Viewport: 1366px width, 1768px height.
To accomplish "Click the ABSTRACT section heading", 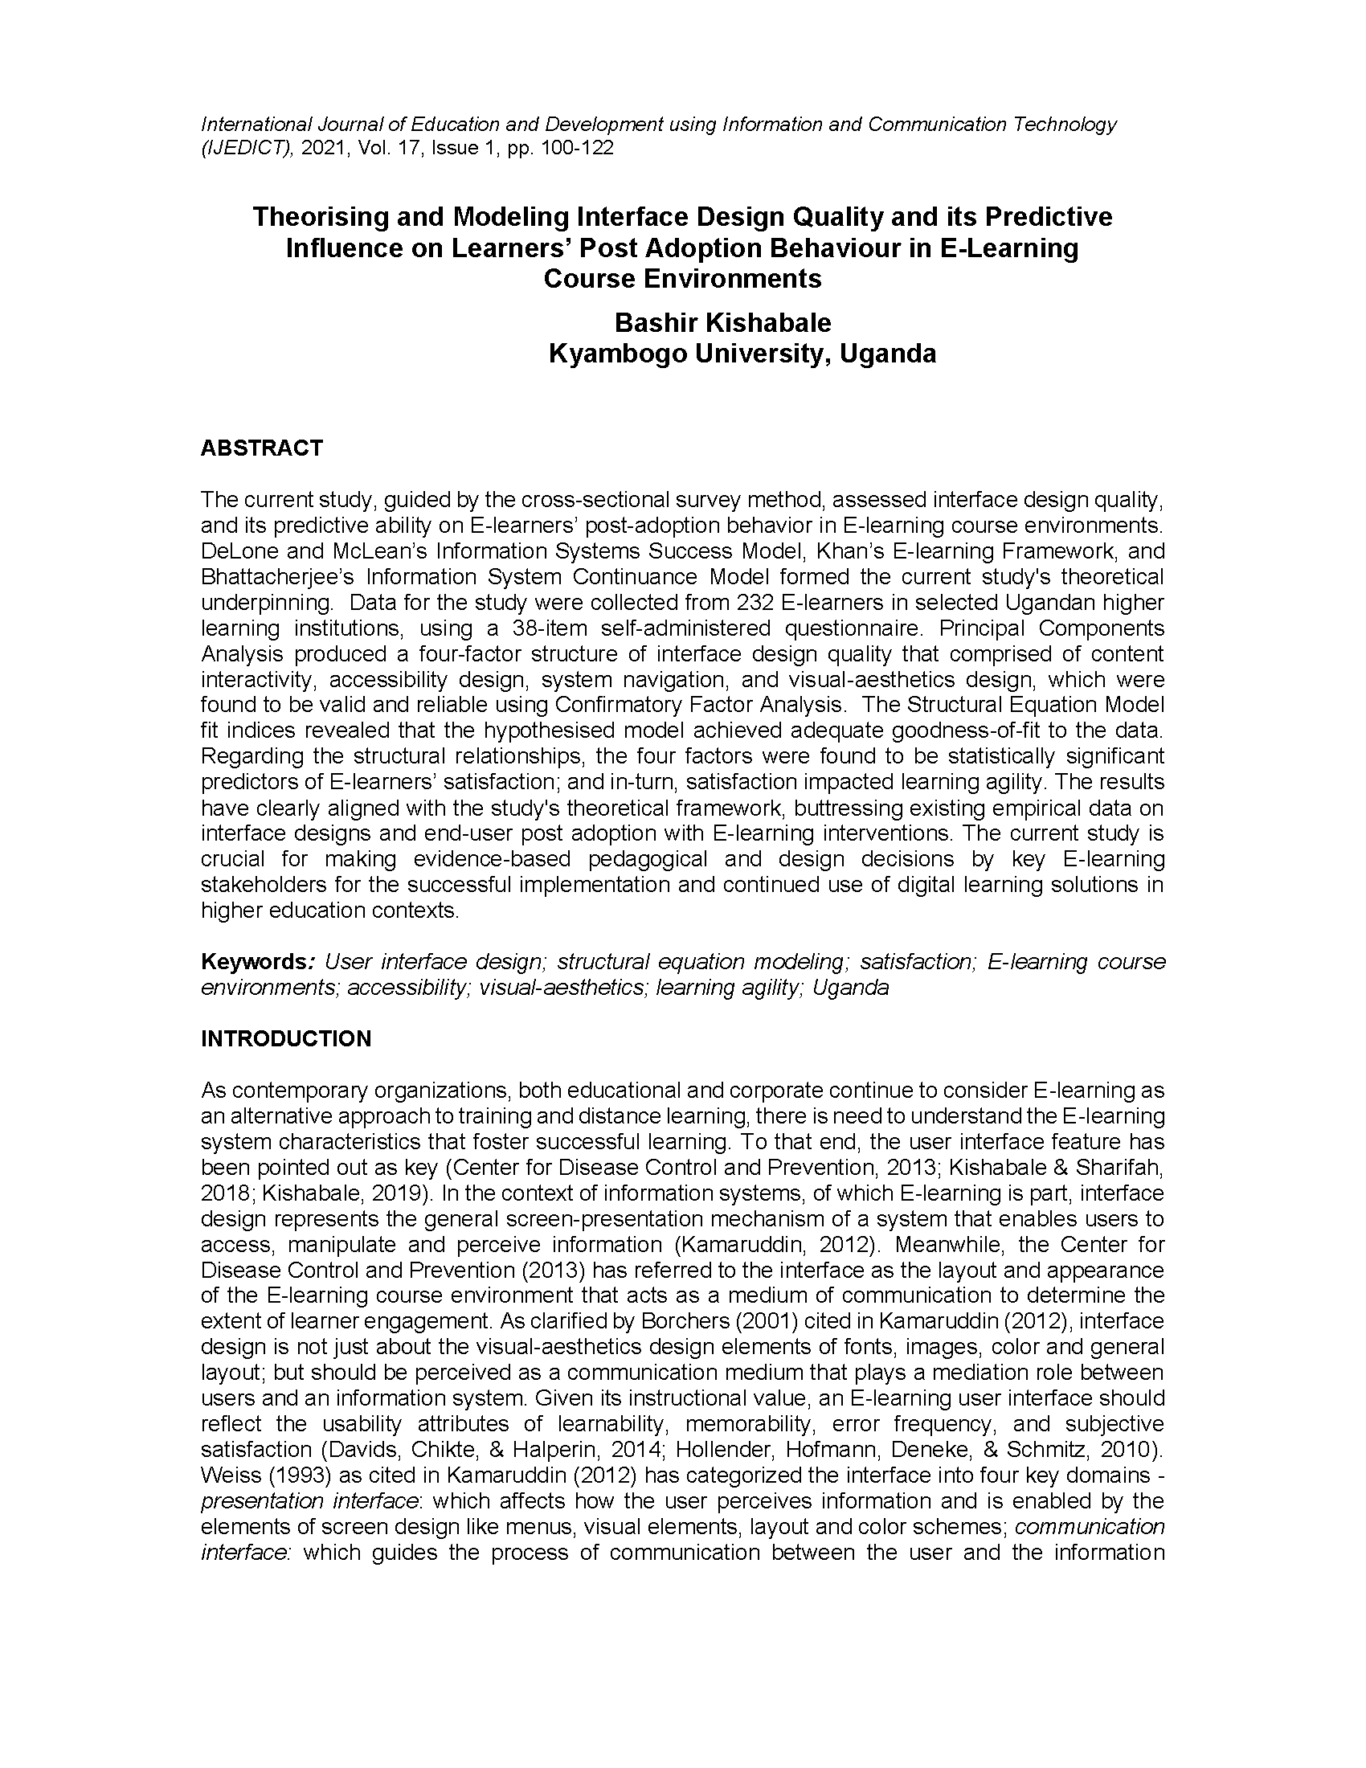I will (x=261, y=448).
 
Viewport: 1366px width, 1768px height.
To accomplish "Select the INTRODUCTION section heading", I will (x=286, y=1038).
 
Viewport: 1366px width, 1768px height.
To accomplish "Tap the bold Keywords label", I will (x=253, y=962).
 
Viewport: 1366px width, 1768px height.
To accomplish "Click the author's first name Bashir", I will (x=656, y=323).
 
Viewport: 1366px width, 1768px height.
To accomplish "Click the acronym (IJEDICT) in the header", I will (x=247, y=148).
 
